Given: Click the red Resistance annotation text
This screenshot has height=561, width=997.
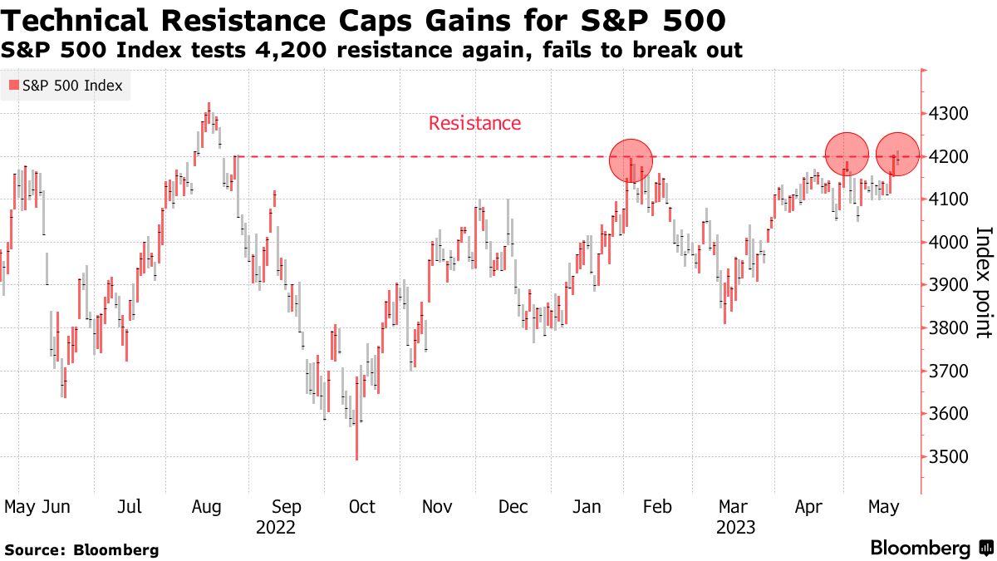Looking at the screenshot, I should (474, 124).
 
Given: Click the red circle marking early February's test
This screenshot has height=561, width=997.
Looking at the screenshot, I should (631, 160).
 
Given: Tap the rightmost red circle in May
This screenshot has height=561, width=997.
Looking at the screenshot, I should (898, 154).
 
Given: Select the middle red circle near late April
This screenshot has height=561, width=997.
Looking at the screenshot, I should (847, 154).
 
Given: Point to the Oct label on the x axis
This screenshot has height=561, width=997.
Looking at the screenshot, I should (362, 507).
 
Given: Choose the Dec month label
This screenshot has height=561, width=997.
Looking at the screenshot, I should (513, 507).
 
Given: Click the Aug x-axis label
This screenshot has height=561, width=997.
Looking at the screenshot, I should (207, 507).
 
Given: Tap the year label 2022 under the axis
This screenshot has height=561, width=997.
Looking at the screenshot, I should (276, 528).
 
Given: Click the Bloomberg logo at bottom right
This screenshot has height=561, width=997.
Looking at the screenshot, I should (931, 549).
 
